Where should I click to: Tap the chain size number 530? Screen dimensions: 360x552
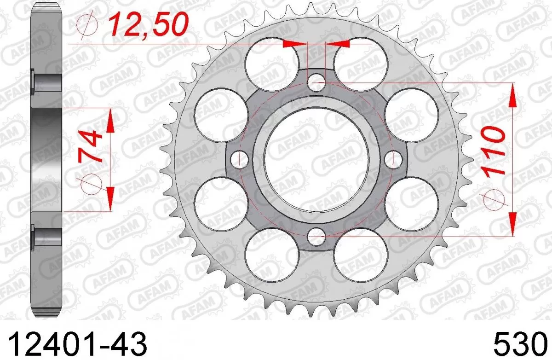point(518,343)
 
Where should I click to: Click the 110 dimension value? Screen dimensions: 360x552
point(493,150)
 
